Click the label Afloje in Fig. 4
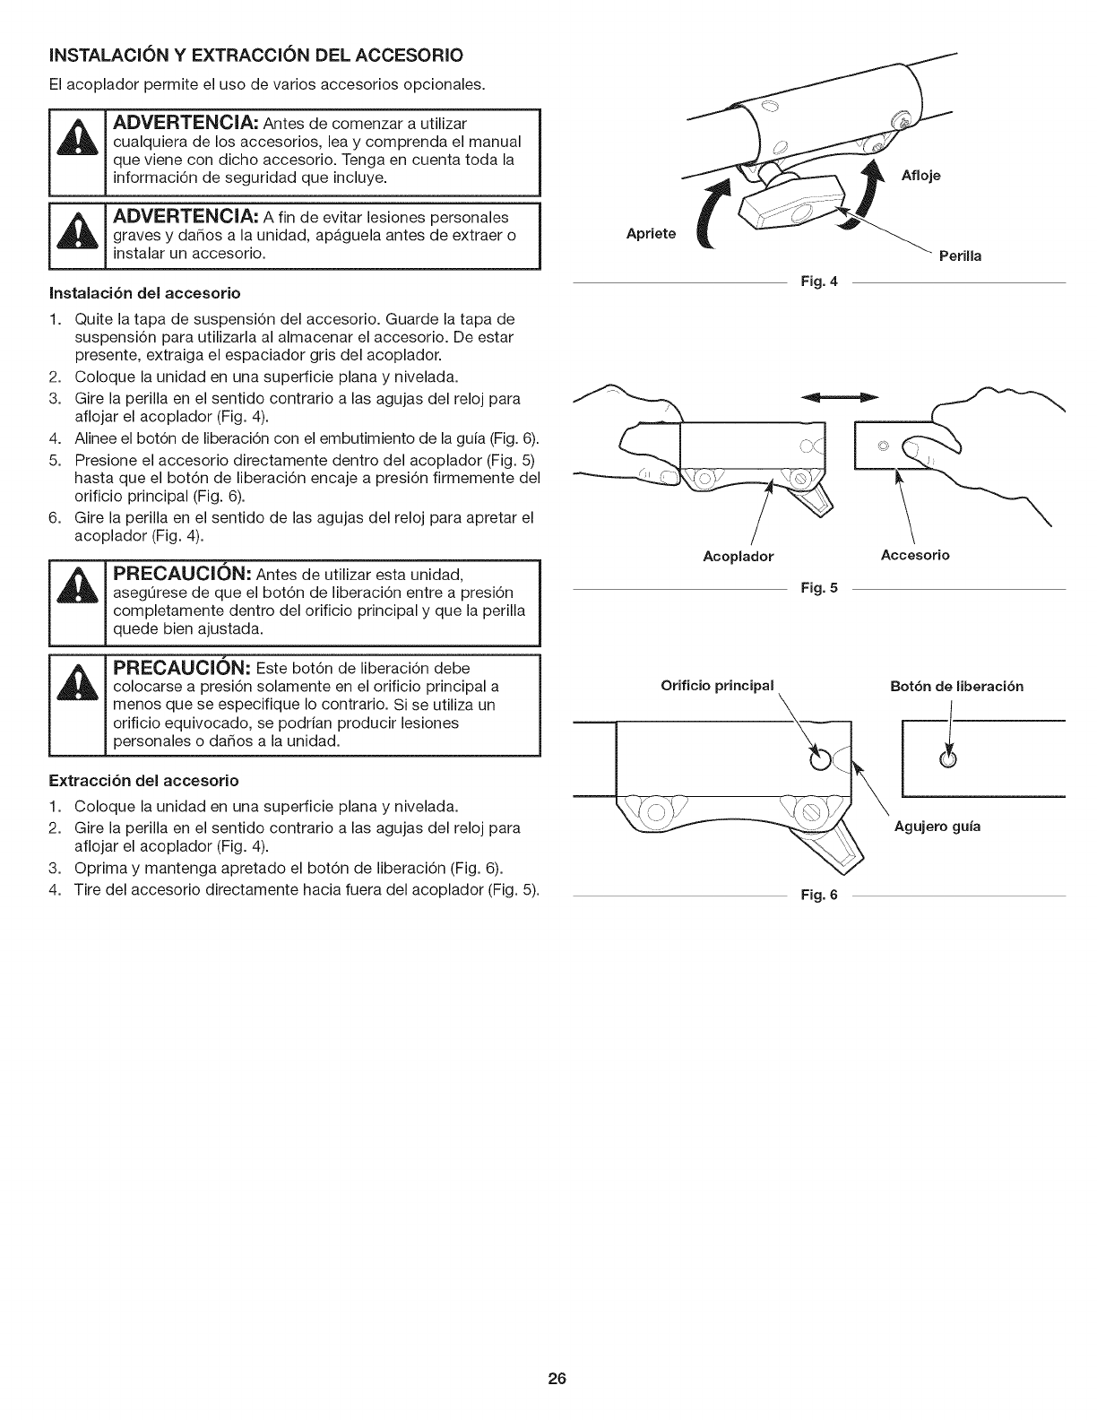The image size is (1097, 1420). [x=922, y=176]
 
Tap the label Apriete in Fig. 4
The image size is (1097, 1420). [x=652, y=234]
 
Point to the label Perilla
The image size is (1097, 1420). [x=960, y=256]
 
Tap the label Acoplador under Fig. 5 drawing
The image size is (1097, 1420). [x=738, y=557]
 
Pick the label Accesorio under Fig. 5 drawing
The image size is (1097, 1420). [x=915, y=555]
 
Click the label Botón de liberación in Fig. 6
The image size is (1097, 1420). [x=956, y=687]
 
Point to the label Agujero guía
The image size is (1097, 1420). [x=937, y=827]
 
